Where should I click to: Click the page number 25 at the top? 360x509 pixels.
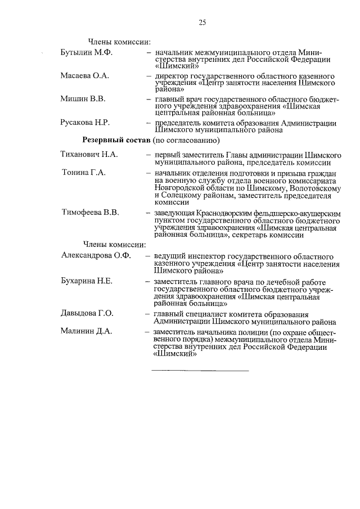202,22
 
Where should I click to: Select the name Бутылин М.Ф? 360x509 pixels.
87,52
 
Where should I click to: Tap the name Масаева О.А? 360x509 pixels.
85,75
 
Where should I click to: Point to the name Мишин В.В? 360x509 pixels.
83,99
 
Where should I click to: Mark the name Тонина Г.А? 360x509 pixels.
84,172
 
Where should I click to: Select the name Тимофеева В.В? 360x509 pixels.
90,213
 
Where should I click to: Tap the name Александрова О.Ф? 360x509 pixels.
96,255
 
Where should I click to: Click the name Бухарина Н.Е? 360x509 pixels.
88,280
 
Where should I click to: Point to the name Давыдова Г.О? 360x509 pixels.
88,313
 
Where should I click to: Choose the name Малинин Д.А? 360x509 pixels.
87,331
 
